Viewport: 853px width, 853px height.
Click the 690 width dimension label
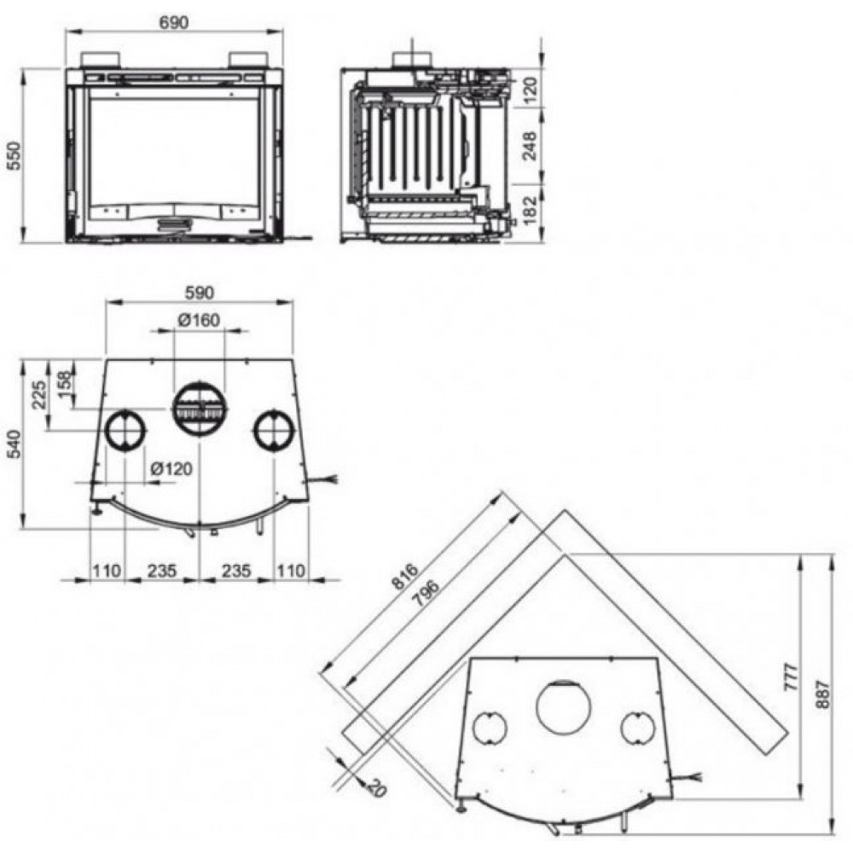(174, 22)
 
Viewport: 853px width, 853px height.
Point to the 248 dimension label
(529, 145)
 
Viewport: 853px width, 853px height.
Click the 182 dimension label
(529, 210)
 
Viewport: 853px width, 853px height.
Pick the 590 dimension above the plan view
(200, 293)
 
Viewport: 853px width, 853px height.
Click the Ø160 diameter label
(199, 320)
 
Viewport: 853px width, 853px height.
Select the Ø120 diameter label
(171, 468)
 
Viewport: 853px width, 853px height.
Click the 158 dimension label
(64, 384)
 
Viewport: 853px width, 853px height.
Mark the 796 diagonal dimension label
(426, 594)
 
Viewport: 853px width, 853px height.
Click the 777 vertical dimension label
(792, 677)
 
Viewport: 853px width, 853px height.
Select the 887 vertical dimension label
(823, 693)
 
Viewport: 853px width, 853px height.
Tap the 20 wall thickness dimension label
(376, 786)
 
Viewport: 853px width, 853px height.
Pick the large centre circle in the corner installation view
(563, 707)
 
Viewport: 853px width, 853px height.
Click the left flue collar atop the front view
(99, 60)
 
